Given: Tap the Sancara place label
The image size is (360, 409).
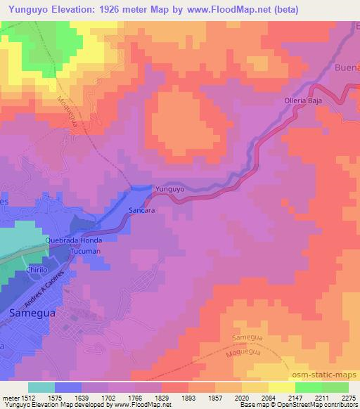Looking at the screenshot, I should tap(141, 209).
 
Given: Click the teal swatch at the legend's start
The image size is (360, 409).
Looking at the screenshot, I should tap(41, 387).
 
